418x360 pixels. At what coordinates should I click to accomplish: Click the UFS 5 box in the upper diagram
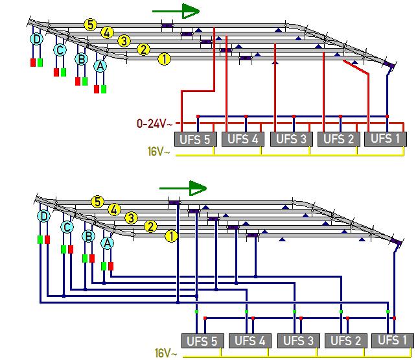[x=196, y=139]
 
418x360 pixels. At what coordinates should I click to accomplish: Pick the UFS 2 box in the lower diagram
[x=345, y=341]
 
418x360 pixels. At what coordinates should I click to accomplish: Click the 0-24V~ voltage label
[x=154, y=122]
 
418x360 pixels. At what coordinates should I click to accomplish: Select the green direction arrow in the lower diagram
[x=183, y=189]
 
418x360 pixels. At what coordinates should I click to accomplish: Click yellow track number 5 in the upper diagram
[x=90, y=25]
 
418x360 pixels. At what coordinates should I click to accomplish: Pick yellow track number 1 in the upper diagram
[x=164, y=59]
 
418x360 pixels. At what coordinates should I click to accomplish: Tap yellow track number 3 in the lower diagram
[x=132, y=218]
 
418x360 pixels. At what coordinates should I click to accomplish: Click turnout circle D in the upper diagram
[x=37, y=39]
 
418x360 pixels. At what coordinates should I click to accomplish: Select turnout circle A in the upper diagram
[x=100, y=66]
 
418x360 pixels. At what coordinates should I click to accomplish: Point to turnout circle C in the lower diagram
[x=66, y=227]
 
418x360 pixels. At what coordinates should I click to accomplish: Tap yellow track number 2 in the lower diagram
[x=151, y=226]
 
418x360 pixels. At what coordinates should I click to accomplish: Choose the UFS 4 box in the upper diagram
[x=244, y=139]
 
